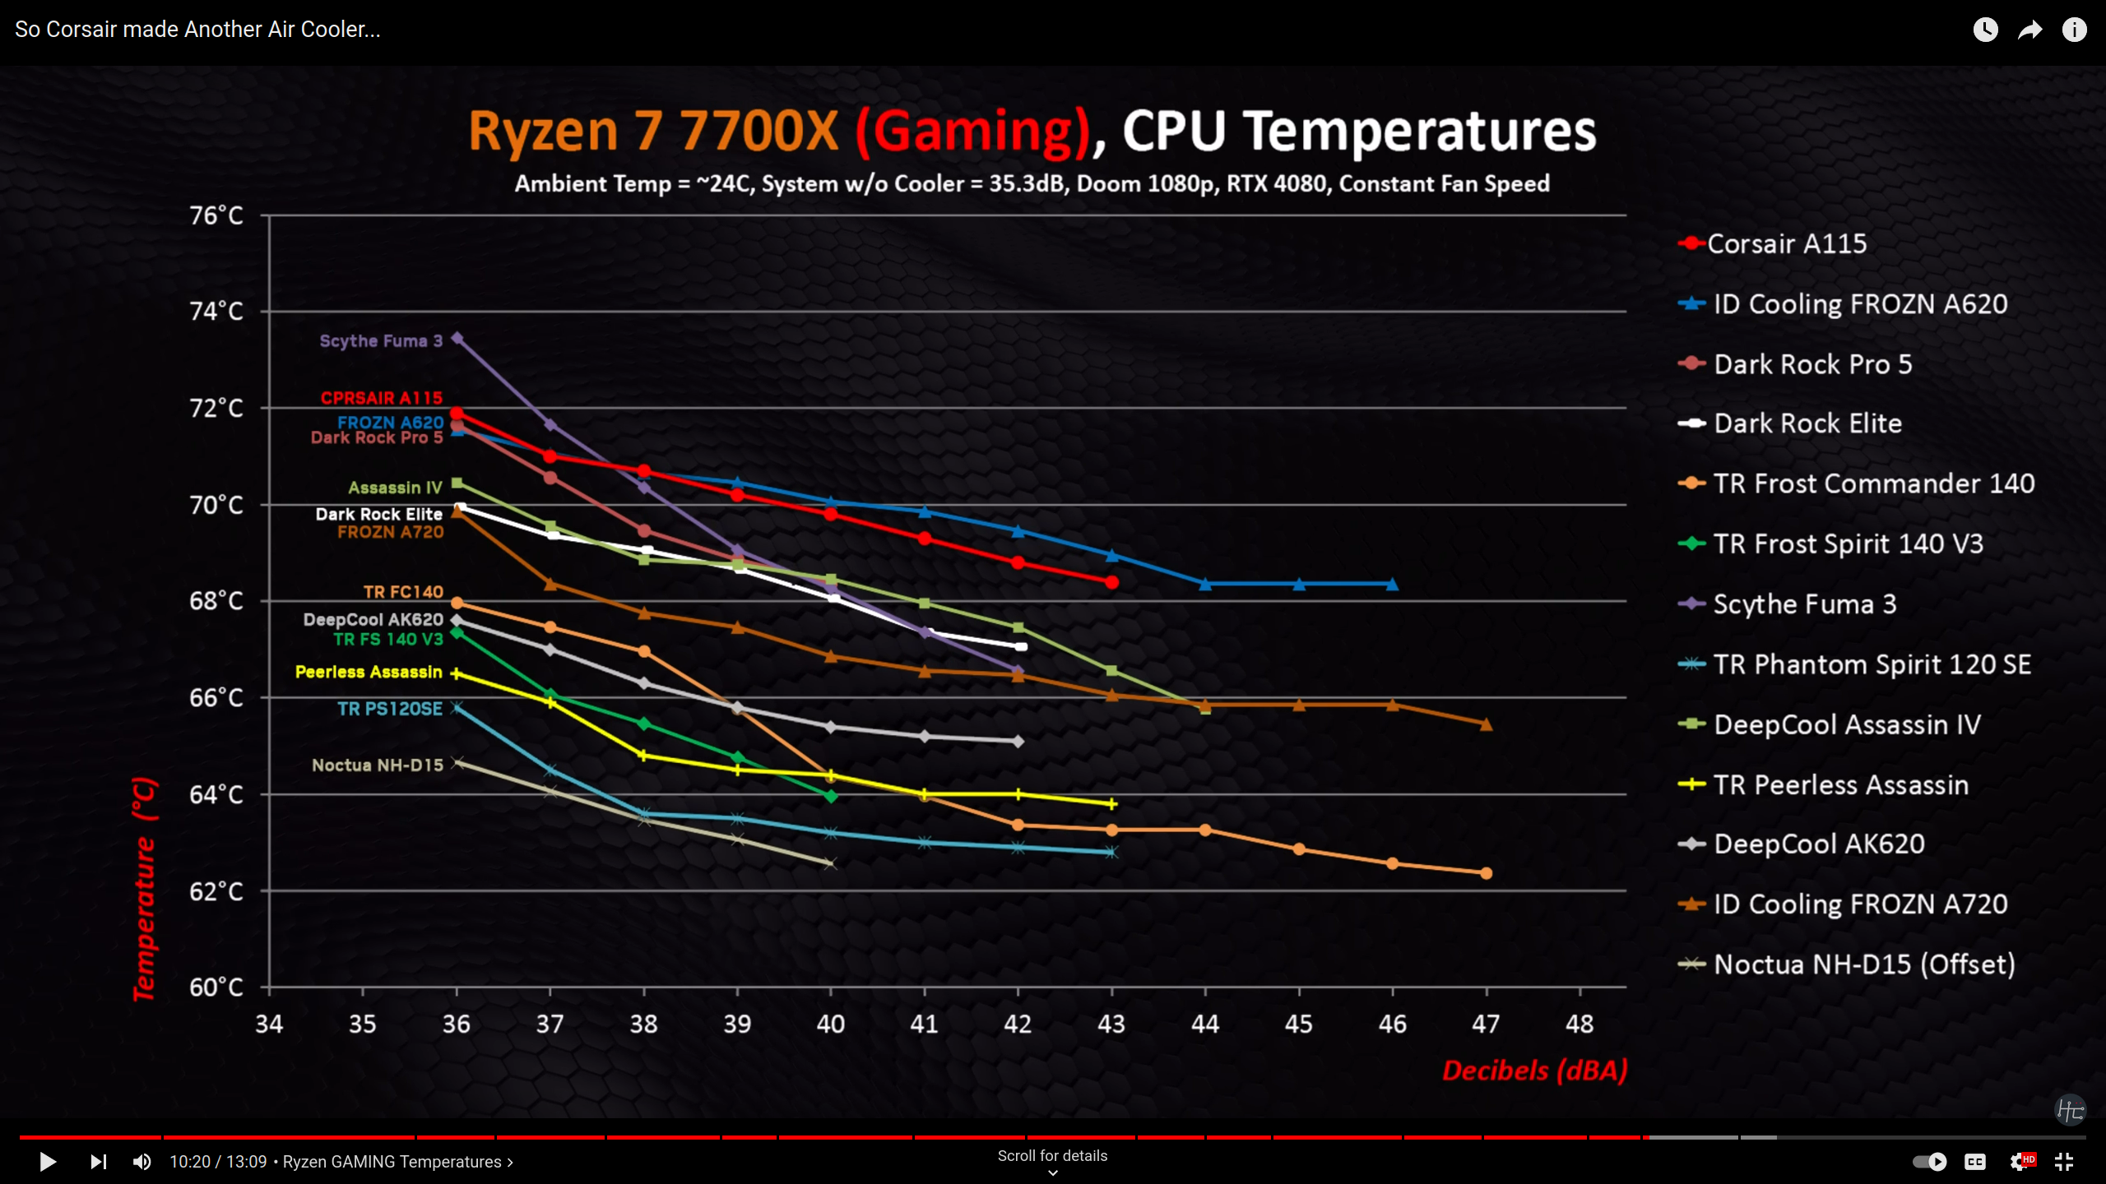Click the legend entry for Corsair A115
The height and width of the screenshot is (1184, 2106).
[x=1786, y=243]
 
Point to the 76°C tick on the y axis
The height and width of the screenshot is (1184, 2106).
[x=216, y=215]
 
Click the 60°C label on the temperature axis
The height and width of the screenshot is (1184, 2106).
[x=216, y=987]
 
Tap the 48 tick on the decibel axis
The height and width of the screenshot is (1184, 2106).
[x=1579, y=1024]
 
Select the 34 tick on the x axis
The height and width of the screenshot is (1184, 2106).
[x=269, y=1024]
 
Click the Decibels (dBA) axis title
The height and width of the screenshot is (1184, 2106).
[x=1534, y=1071]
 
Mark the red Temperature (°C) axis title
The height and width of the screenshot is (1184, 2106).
[x=144, y=888]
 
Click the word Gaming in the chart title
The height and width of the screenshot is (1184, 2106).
[x=974, y=132]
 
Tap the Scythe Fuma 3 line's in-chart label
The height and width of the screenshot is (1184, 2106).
[x=381, y=340]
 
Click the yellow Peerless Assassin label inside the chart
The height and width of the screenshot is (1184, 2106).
[x=369, y=672]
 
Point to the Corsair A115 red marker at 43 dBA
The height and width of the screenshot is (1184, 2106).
[x=1112, y=582]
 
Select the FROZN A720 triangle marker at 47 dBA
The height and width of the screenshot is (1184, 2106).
[x=1486, y=724]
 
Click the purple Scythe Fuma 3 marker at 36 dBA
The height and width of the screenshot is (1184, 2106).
[x=457, y=338]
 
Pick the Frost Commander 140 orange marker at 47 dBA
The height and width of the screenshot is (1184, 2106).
[x=1486, y=873]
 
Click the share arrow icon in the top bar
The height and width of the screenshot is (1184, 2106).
[x=2029, y=30]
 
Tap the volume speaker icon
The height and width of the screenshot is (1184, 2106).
[x=142, y=1161]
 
